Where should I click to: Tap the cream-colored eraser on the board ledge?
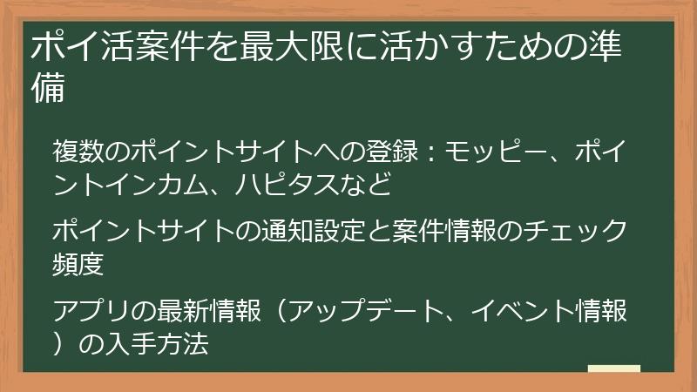click(x=614, y=369)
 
